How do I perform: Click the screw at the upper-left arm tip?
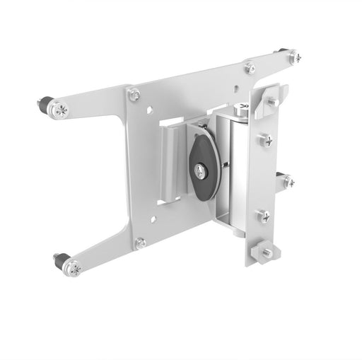coord(62,110)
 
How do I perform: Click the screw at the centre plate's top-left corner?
coord(134,93)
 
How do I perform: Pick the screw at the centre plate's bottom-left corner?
coord(140,243)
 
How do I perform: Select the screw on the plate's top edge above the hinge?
coord(250,68)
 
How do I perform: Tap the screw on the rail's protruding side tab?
coord(288,181)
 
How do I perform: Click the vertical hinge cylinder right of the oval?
coord(231,170)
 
